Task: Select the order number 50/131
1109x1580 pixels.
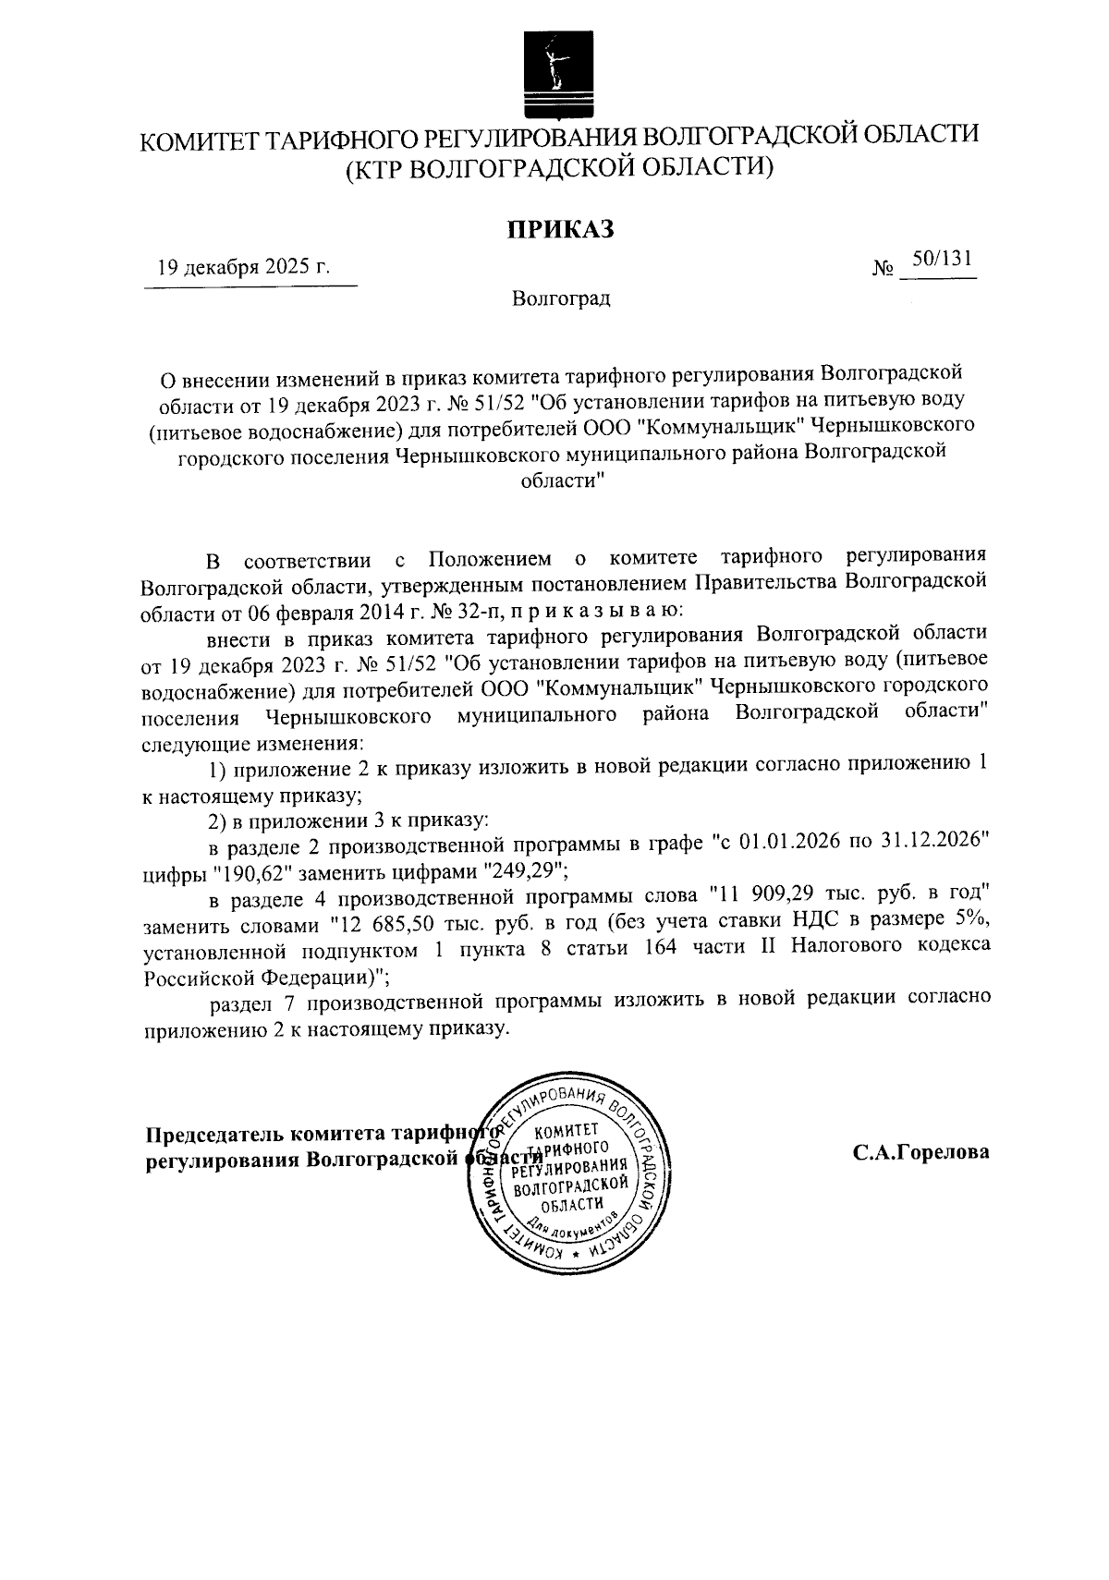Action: coord(940,260)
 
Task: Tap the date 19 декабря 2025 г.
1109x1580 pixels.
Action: coord(243,268)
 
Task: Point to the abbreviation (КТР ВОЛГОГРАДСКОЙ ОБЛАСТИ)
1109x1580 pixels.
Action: coord(558,168)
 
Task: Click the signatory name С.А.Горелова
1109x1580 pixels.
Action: coord(920,1152)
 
